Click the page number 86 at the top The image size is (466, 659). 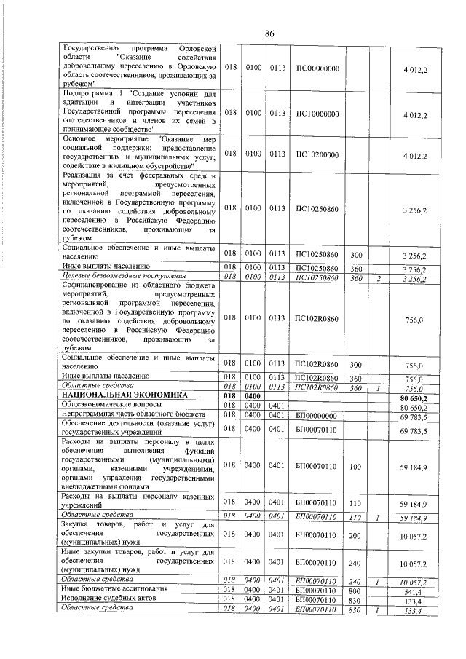[269, 33]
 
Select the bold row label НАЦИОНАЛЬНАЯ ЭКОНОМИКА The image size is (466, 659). [125, 395]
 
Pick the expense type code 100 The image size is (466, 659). [356, 465]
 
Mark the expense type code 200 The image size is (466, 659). [356, 535]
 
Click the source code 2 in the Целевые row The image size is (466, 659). [379, 277]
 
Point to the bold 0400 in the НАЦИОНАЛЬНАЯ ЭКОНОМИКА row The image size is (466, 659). [253, 395]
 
